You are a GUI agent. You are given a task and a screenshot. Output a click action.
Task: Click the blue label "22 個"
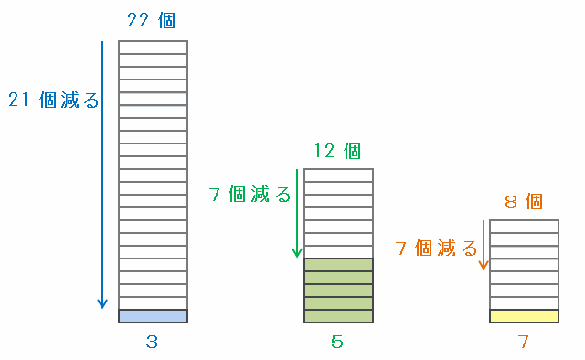151,20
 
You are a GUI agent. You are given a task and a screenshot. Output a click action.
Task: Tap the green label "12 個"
337,151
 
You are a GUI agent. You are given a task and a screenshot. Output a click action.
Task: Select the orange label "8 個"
524,202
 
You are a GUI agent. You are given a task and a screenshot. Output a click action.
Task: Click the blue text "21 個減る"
54,100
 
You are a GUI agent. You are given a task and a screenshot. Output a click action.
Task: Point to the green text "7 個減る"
250,194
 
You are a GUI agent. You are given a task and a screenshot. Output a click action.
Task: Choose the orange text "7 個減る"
436,249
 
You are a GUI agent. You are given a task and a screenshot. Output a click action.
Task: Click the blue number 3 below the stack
152,342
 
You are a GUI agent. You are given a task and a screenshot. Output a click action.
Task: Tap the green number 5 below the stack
337,342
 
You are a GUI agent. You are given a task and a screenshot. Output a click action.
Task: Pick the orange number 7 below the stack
523,342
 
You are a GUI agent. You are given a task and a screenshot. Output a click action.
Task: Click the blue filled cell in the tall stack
153,316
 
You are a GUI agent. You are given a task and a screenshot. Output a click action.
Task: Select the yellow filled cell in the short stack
524,316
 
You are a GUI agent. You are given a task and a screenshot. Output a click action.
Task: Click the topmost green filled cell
339,265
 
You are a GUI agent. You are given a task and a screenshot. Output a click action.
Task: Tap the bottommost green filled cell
339,316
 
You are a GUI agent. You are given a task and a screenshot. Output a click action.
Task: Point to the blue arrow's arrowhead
102,303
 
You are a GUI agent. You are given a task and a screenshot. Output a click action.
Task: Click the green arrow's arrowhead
297,252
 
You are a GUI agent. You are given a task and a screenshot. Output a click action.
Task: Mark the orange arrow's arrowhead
484,264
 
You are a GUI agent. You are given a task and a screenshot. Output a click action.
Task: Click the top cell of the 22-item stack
153,48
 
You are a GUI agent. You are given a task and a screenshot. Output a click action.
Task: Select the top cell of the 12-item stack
339,175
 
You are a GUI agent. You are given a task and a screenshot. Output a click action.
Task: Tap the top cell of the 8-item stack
524,227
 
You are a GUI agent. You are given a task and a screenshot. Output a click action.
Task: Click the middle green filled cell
339,291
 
